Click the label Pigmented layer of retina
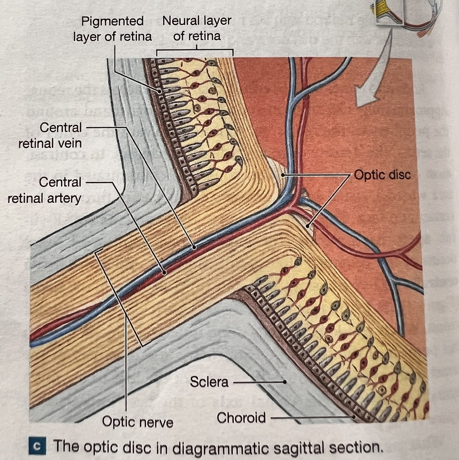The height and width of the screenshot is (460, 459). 113,29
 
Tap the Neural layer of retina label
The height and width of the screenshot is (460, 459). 197,28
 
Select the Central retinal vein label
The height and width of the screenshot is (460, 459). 50,135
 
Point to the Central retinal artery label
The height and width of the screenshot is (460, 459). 45,190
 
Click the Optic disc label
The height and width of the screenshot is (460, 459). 383,175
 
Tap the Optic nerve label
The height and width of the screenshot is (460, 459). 137,422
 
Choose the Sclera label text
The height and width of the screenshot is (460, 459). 209,381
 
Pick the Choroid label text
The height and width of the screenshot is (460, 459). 241,418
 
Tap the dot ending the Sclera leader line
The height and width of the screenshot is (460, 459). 285,382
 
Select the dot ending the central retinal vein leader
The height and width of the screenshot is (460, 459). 194,247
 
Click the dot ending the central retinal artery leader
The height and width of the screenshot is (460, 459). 164,273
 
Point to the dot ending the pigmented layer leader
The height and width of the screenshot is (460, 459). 159,91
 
